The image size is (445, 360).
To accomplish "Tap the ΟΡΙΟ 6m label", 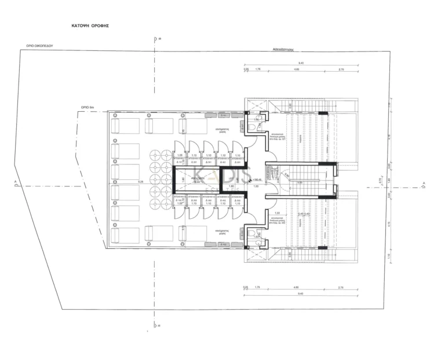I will click(x=87, y=108).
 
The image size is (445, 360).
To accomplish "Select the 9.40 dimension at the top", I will click(x=301, y=63).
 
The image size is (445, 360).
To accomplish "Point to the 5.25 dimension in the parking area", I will click(x=140, y=182).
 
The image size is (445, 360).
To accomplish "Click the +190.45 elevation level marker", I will click(x=257, y=180).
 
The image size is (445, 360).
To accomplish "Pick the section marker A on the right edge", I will click(x=424, y=184).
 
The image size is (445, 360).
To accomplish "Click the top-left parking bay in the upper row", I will click(x=125, y=126).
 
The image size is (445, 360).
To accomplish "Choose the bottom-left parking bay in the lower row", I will click(x=125, y=235).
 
